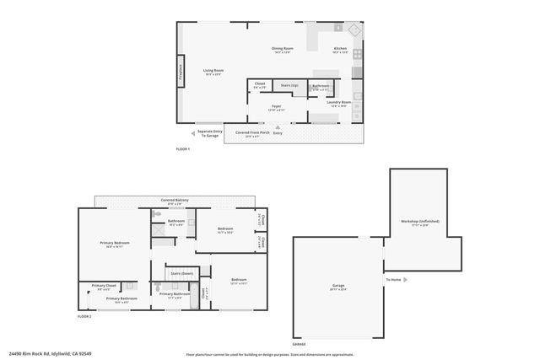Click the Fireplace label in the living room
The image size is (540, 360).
tap(180, 71)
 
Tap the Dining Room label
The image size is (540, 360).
tap(282, 51)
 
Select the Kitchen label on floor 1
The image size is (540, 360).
tap(340, 51)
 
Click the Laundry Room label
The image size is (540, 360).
tap(340, 105)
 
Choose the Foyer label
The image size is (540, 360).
tap(277, 107)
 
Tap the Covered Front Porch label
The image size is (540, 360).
tap(252, 133)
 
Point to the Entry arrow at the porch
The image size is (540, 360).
tap(277, 127)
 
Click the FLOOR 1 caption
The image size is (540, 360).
tap(183, 149)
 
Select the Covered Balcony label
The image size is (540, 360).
tap(175, 200)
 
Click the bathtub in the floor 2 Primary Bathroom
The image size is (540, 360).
tap(194, 295)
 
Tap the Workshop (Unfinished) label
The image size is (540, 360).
tap(419, 223)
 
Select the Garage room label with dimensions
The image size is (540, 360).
tap(338, 288)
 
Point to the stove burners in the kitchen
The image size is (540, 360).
tap(357, 53)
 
